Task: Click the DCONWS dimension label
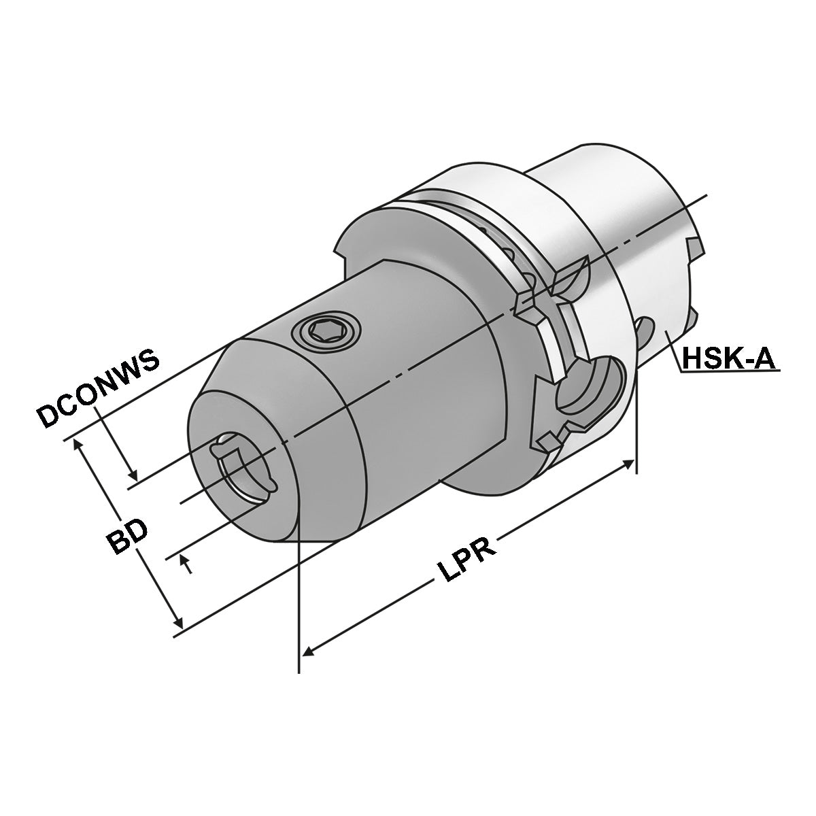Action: click(x=99, y=390)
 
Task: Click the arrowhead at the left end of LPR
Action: click(x=307, y=651)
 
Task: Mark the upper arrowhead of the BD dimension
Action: click(x=76, y=443)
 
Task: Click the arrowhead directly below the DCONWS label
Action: click(x=134, y=475)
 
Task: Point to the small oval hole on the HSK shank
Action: click(x=643, y=333)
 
